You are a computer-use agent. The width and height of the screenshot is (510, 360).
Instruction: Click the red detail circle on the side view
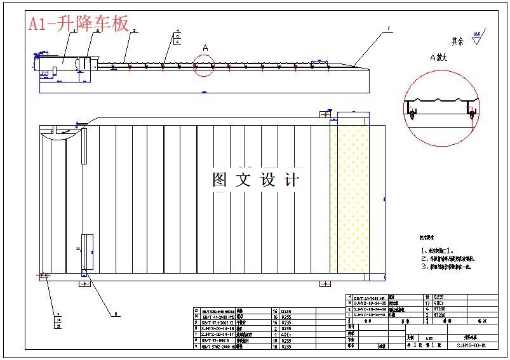(204, 65)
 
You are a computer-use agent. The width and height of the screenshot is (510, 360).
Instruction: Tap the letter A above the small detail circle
(205, 48)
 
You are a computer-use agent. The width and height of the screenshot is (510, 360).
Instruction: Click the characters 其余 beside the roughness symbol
(458, 41)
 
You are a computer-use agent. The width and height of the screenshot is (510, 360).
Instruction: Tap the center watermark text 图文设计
(255, 180)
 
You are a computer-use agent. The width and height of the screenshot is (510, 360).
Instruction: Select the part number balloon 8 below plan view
(116, 314)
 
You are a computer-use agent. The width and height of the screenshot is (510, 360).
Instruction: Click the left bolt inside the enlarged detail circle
(413, 115)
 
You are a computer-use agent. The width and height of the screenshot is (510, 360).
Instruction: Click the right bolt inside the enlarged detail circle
(471, 114)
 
